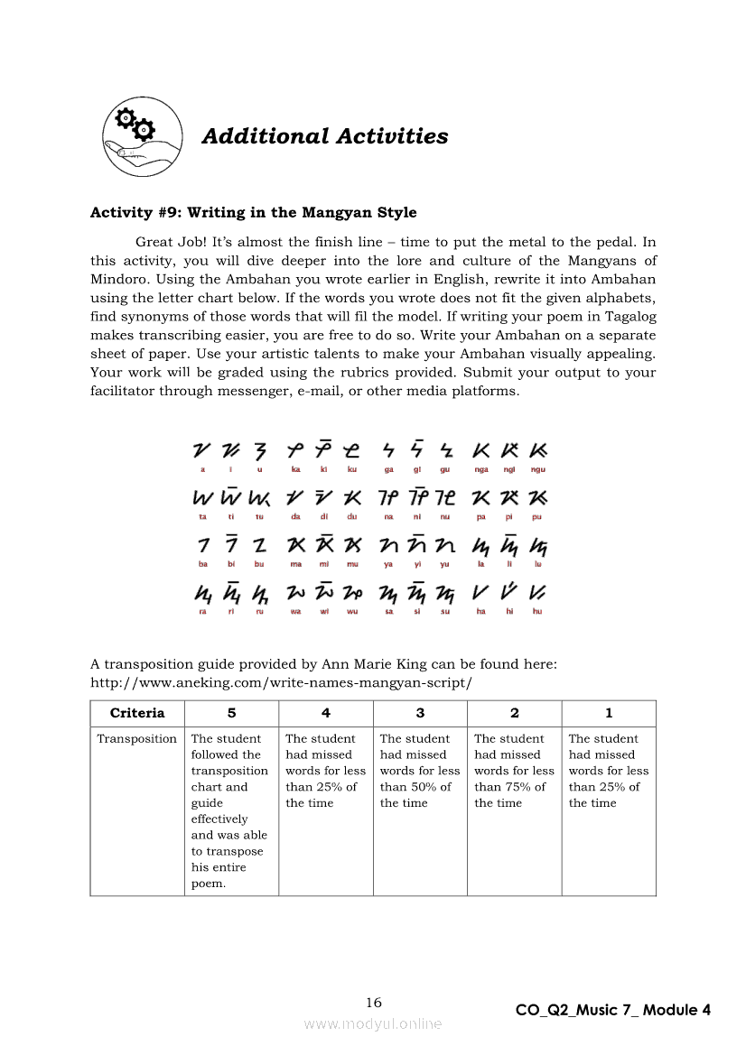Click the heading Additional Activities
[x=324, y=136]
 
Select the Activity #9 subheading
[x=253, y=213]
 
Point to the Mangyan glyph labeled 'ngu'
[x=538, y=449]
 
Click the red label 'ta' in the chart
[x=202, y=517]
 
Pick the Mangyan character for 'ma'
[x=295, y=545]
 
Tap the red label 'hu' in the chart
[x=537, y=612]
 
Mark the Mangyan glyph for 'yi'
[x=416, y=545]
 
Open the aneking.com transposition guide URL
[x=281, y=682]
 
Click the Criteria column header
[x=137, y=713]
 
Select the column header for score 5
[x=232, y=713]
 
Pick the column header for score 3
[x=420, y=713]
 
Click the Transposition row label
[x=137, y=739]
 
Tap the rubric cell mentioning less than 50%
[x=420, y=771]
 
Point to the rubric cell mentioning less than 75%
[x=514, y=771]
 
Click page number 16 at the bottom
[x=374, y=1003]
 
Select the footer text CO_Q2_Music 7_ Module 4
[x=613, y=1010]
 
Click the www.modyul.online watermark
[x=373, y=1023]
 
